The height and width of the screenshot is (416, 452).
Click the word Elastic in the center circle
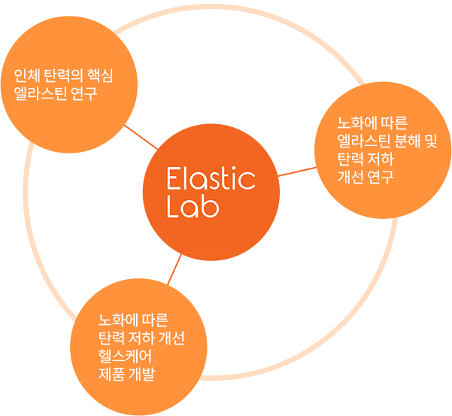(211, 179)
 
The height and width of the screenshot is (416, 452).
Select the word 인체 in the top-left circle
(26, 77)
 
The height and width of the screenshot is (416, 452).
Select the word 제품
(111, 373)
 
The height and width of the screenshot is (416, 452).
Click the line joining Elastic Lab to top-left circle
(141, 137)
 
